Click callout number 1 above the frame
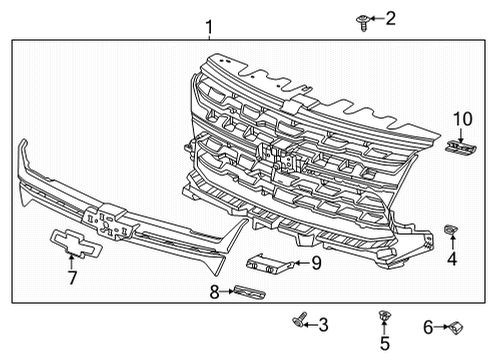point(208,27)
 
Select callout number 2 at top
point(390,17)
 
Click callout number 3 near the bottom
point(452,259)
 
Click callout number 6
point(427,326)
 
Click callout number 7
point(71,277)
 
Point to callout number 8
point(213,293)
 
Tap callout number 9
point(316,263)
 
